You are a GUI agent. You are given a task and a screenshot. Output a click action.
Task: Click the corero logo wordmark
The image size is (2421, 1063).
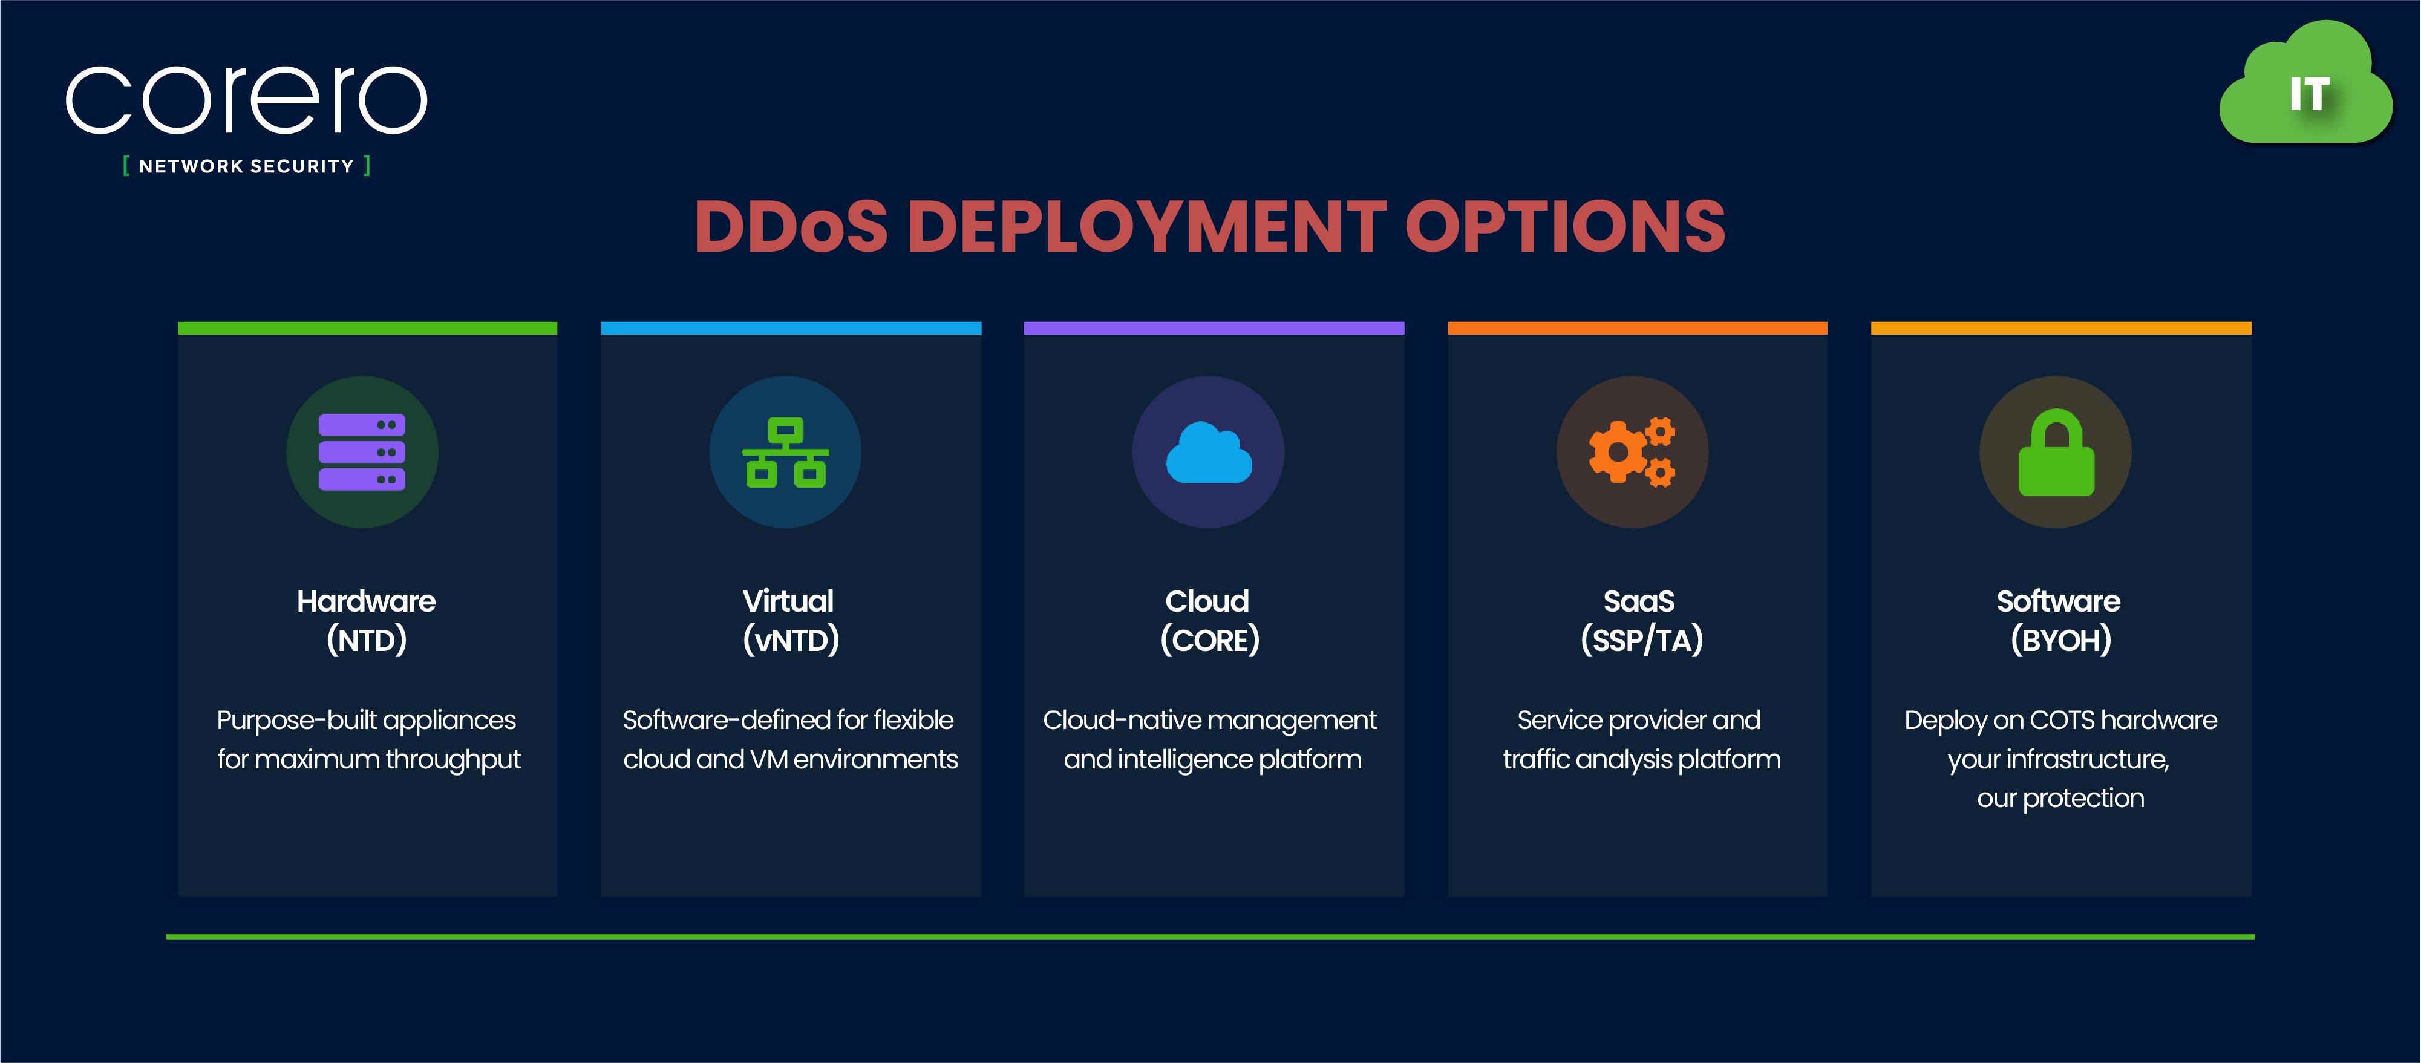pyautogui.click(x=246, y=100)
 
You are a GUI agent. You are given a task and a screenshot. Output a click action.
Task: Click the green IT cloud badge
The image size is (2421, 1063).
pyautogui.click(x=2306, y=83)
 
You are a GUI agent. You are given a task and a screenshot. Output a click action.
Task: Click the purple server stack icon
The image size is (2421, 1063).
pyautogui.click(x=362, y=452)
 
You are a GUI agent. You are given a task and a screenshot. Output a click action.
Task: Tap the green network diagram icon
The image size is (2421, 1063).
pyautogui.click(x=786, y=452)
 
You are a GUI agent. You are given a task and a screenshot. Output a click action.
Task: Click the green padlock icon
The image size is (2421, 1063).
pyautogui.click(x=2056, y=452)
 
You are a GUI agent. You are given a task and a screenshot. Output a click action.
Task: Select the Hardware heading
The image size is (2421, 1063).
pyautogui.click(x=367, y=601)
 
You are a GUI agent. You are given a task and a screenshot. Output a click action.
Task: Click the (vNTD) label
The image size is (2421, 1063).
pyautogui.click(x=791, y=641)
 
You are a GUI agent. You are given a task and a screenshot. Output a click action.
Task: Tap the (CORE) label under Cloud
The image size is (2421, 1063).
pyautogui.click(x=1209, y=641)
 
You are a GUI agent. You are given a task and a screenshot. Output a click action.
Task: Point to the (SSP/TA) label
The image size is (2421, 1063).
pyautogui.click(x=1641, y=641)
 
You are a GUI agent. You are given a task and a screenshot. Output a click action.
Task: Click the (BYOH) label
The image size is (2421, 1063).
pyautogui.click(x=2060, y=641)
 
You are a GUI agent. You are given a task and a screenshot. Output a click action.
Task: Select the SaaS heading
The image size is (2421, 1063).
pyautogui.click(x=1639, y=601)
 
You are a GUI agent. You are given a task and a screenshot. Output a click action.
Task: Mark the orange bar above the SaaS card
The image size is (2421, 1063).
pyautogui.click(x=1637, y=328)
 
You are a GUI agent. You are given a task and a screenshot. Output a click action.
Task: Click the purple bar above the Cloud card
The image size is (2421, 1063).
pyautogui.click(x=1214, y=328)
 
